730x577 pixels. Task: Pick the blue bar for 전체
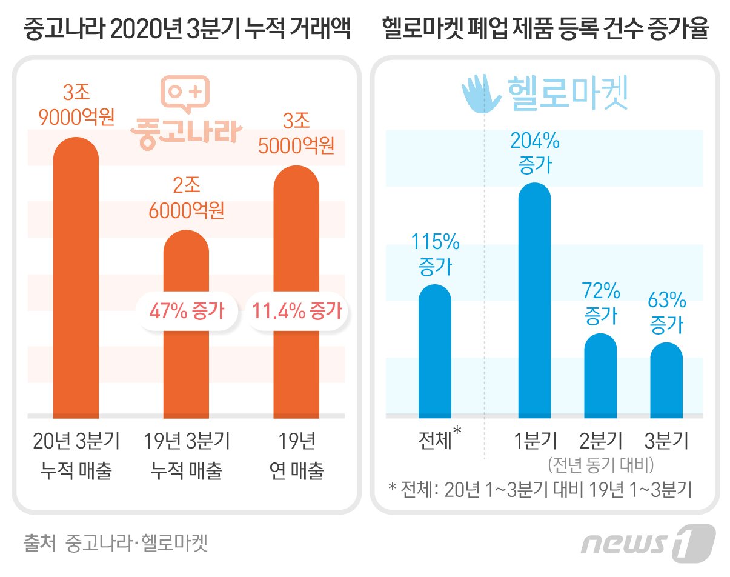click(435, 352)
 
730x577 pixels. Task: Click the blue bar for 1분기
click(534, 303)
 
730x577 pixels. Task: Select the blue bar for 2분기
click(600, 376)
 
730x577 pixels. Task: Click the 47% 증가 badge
click(187, 312)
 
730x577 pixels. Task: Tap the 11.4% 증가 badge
click(297, 312)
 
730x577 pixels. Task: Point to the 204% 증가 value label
click(535, 153)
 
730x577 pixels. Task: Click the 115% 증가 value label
click(435, 254)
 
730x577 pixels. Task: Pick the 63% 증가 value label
click(666, 312)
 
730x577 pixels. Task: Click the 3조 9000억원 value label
click(76, 104)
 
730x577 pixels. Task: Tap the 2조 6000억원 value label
click(187, 197)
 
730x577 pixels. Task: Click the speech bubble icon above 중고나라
click(185, 94)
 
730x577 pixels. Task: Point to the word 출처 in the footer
click(38, 542)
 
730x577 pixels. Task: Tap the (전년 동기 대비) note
click(600, 465)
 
